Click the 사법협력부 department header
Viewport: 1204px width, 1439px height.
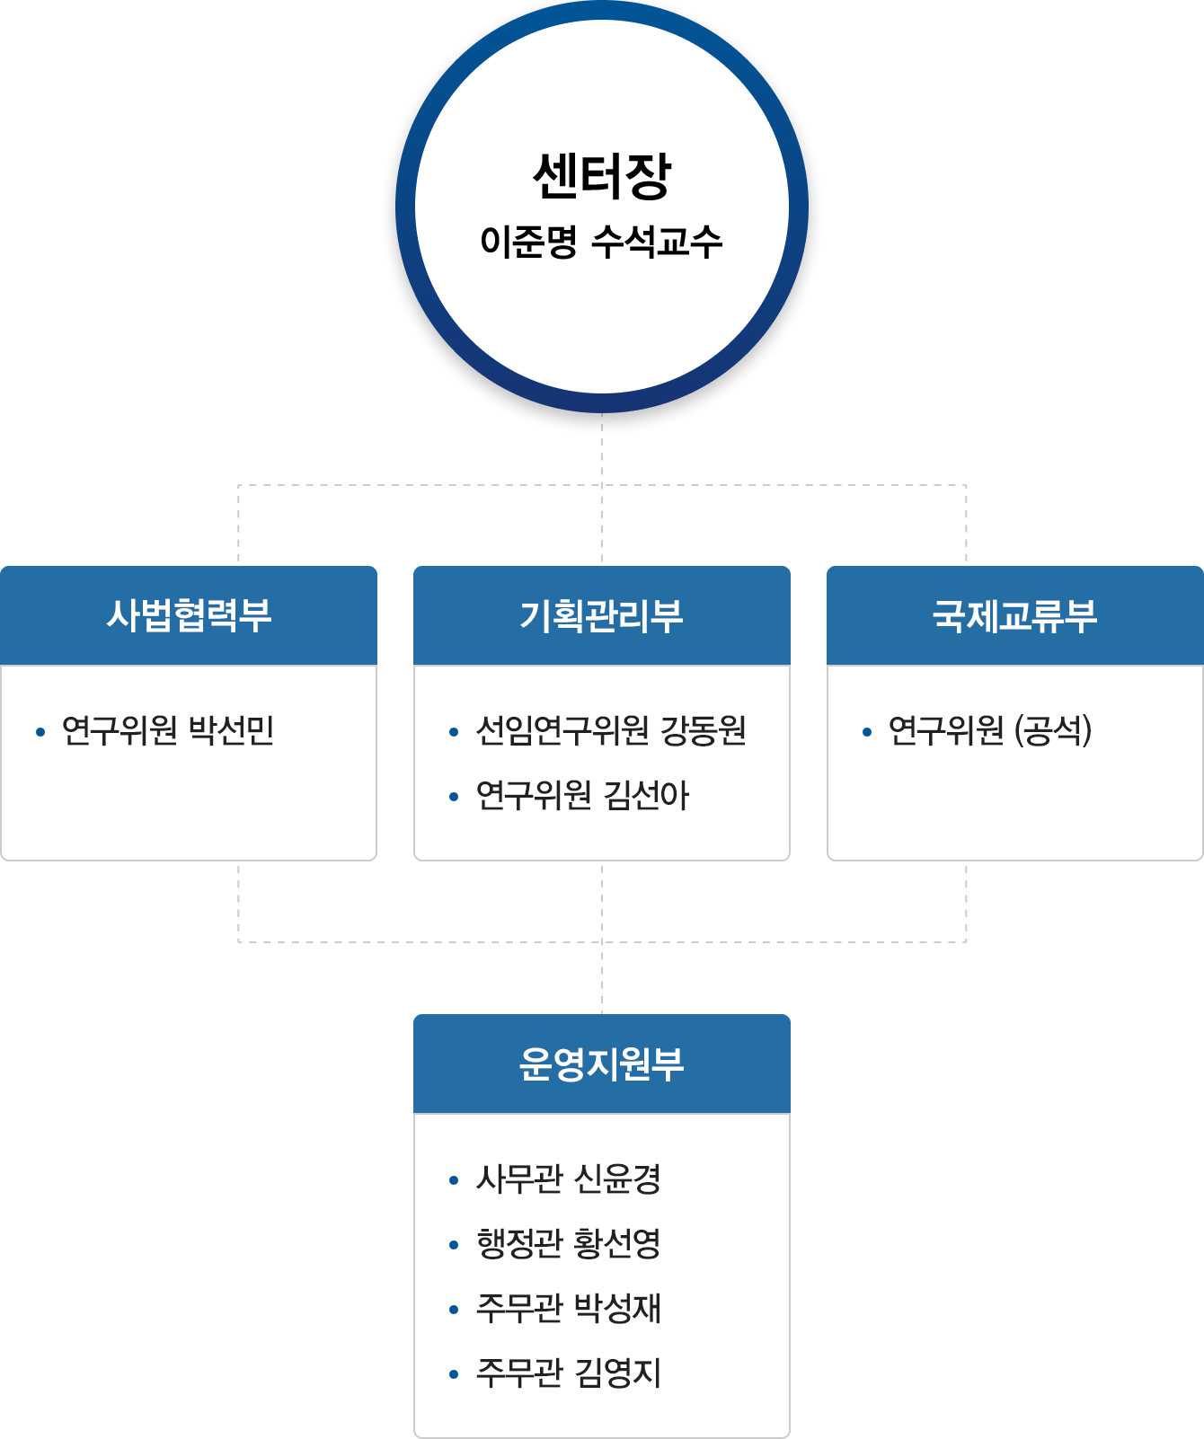(x=189, y=616)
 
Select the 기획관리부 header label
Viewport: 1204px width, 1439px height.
(x=601, y=616)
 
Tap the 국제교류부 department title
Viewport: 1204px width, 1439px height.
(x=1014, y=616)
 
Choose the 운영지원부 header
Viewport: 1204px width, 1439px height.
(x=601, y=1064)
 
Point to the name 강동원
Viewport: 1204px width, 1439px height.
(x=704, y=731)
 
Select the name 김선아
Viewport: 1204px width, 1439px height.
(x=646, y=796)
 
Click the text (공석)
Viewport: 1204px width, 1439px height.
(x=1052, y=731)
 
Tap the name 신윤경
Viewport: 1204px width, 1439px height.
(x=617, y=1179)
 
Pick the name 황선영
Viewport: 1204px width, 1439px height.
(x=617, y=1244)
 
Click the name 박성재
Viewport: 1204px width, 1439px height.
(x=617, y=1309)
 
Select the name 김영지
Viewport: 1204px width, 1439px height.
(x=617, y=1373)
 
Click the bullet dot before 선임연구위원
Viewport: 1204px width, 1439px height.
(x=454, y=733)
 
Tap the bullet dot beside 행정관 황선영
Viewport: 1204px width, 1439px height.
(x=454, y=1245)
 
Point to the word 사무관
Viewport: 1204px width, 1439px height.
(x=519, y=1179)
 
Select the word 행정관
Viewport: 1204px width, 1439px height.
(x=519, y=1244)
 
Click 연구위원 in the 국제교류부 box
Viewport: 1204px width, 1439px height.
(x=945, y=731)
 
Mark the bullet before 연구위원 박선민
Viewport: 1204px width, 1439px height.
(x=40, y=733)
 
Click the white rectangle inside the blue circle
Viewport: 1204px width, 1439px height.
(x=598, y=204)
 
